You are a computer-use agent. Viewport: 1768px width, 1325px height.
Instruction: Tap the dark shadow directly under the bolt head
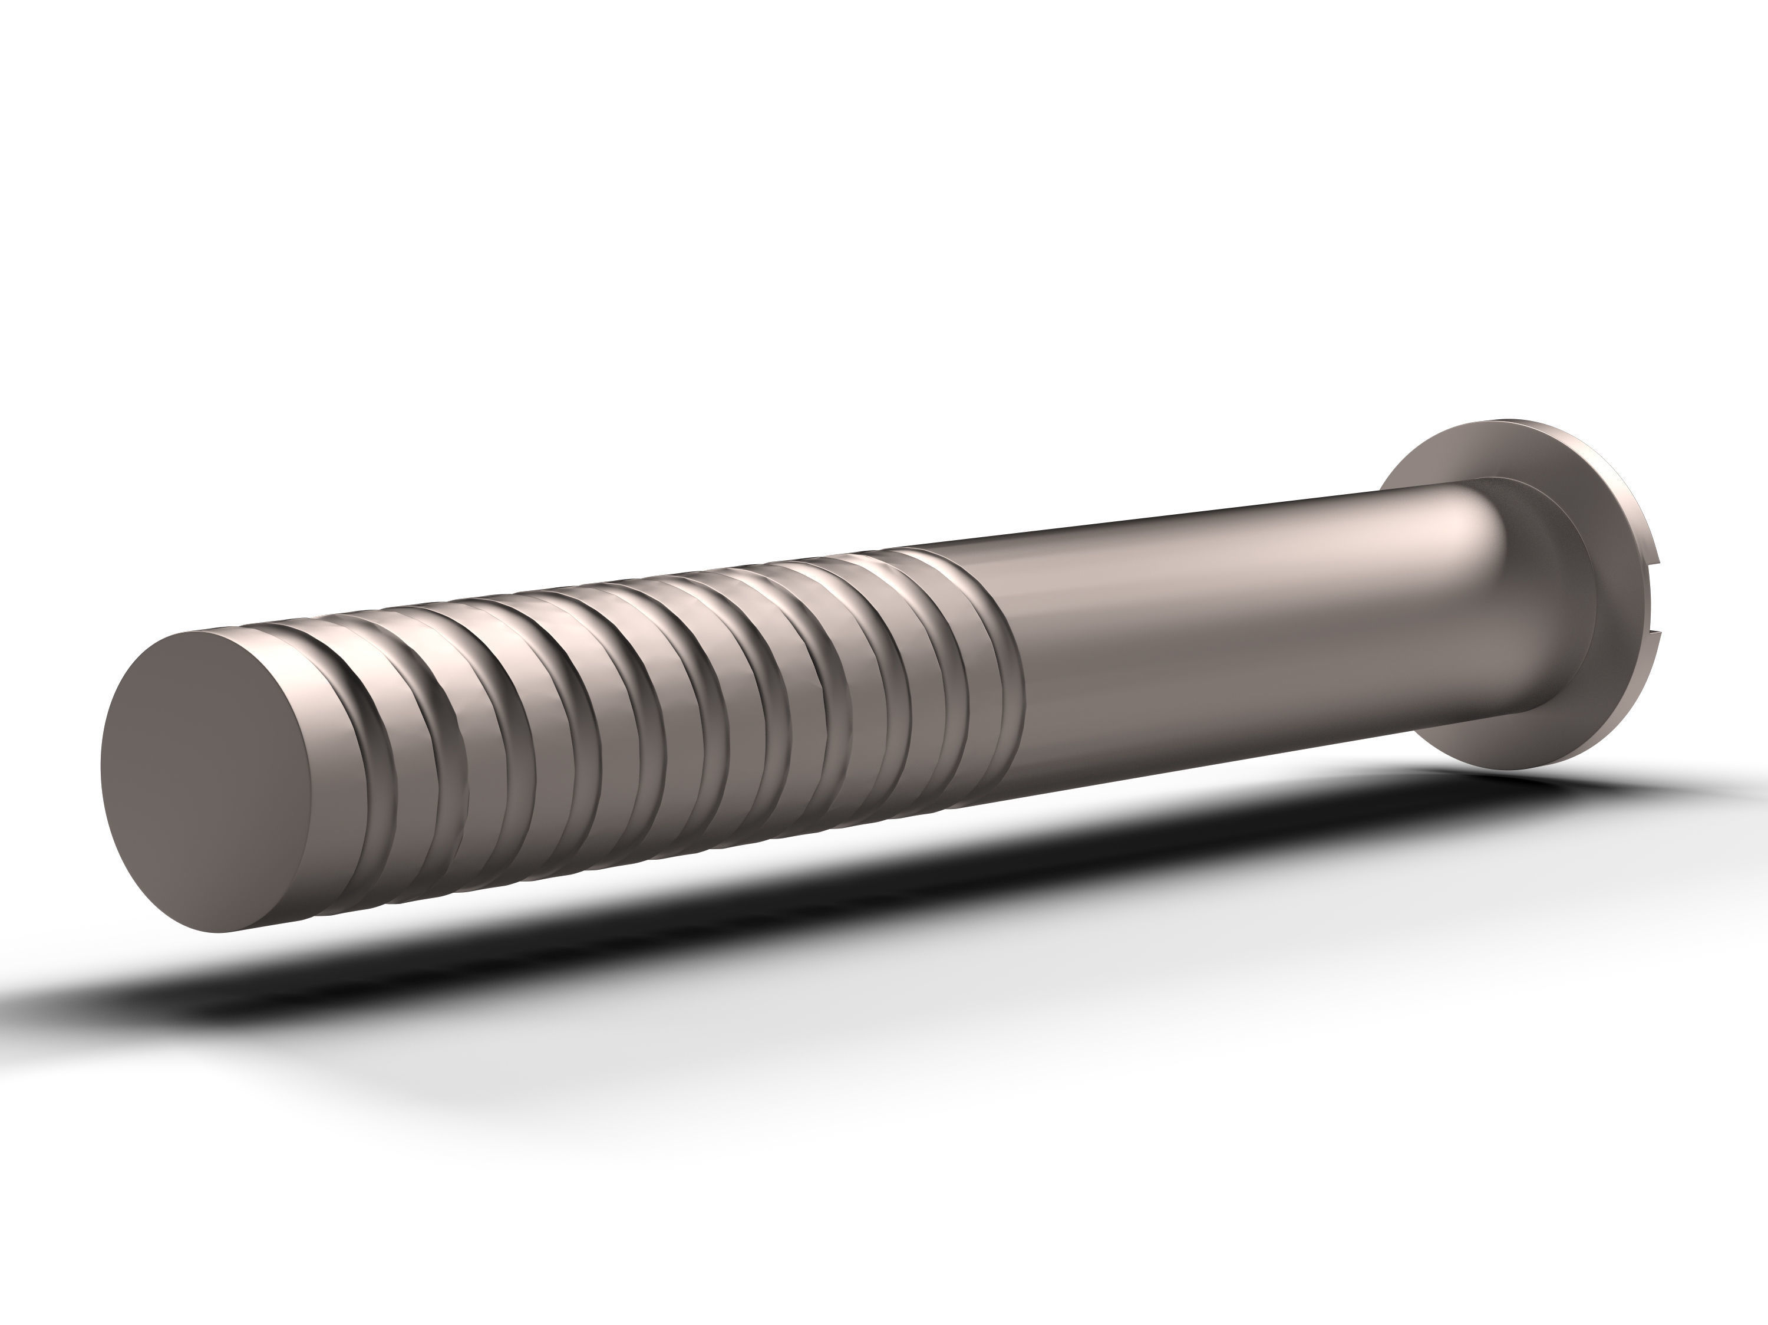tap(1479, 788)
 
